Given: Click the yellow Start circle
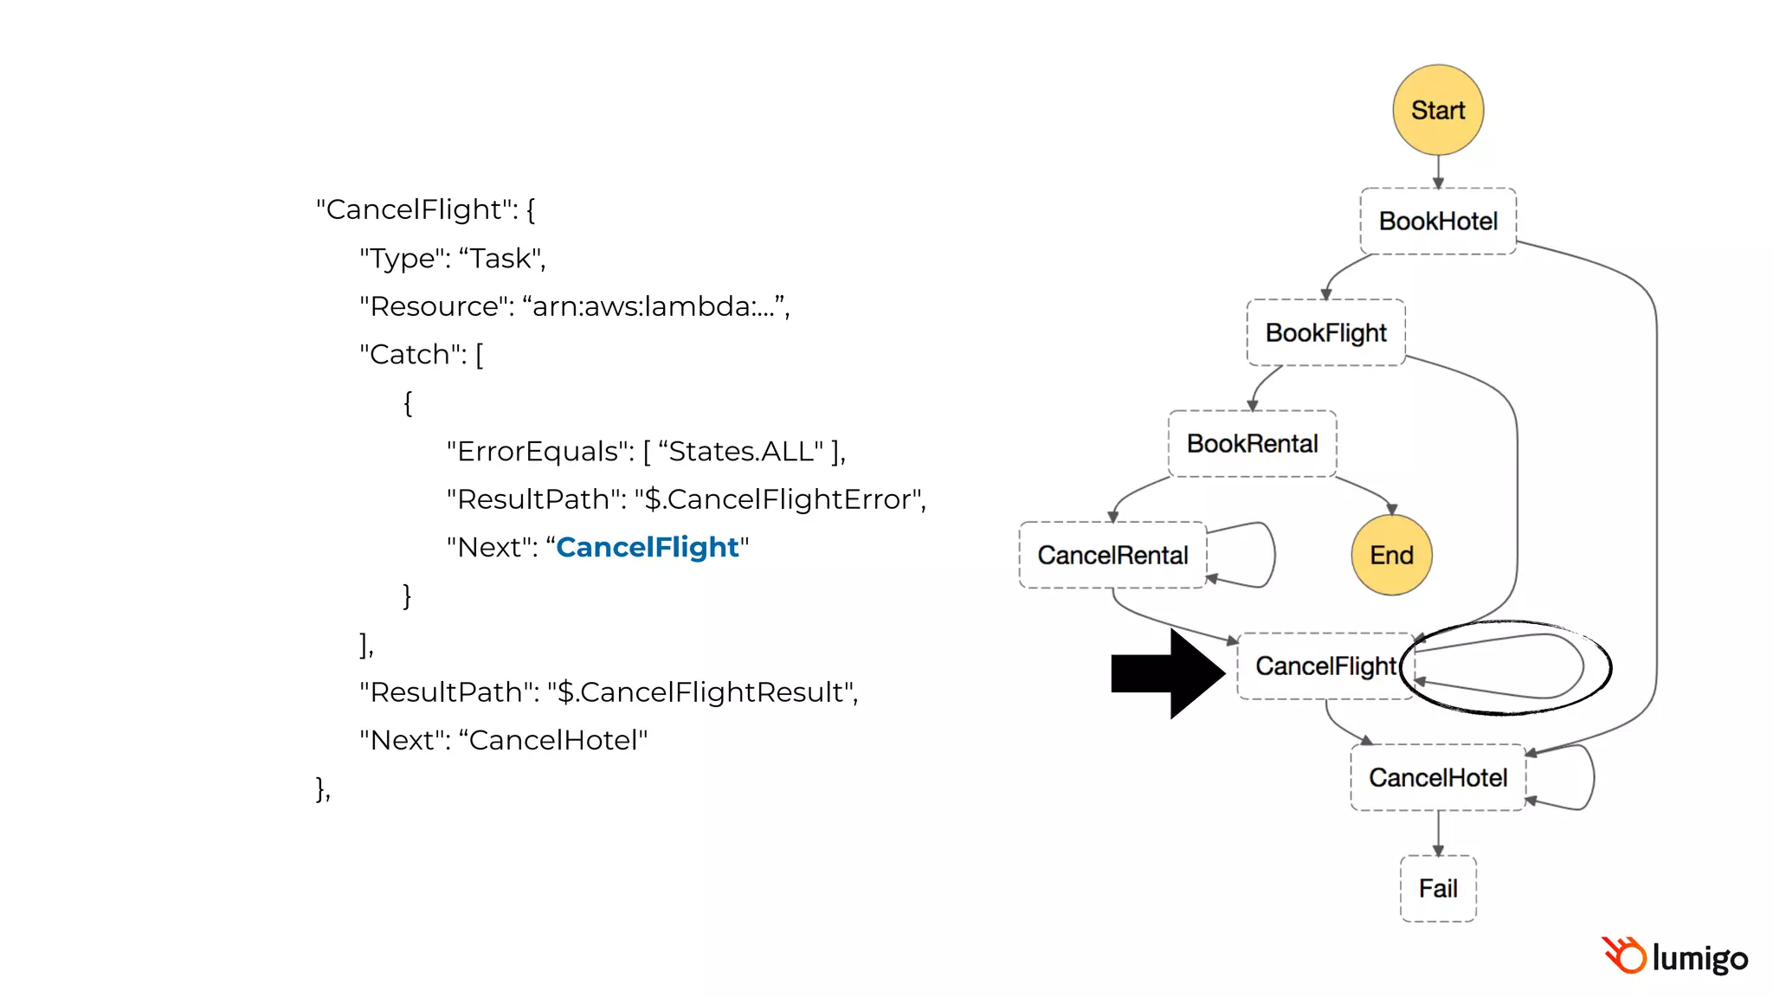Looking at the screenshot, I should click(1438, 110).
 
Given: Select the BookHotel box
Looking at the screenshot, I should click(1438, 221).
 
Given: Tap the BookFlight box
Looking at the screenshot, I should click(1325, 332).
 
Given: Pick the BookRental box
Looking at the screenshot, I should click(1252, 443).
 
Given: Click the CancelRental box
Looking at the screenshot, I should click(1112, 555).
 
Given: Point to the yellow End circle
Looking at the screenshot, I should click(1391, 555).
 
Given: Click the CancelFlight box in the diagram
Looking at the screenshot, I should click(1325, 666).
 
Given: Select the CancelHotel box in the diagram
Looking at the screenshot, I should click(1437, 777).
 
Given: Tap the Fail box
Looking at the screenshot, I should click(1438, 888).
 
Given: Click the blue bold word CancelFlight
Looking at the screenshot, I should click(647, 547).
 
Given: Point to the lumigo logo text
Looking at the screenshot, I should click(1699, 958).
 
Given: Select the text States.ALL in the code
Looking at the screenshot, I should click(740, 451).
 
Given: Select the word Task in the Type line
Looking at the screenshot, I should click(500, 258).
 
